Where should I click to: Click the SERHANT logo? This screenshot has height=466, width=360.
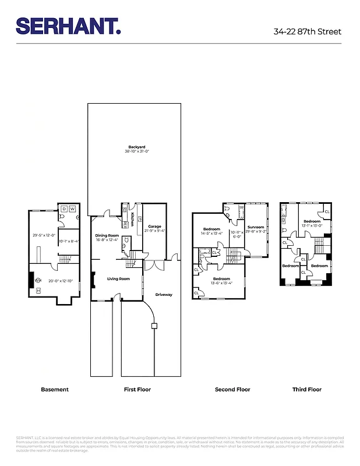click(x=68, y=26)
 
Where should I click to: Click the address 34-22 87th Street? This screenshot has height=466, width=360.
click(x=307, y=31)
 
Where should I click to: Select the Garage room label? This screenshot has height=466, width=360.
click(x=154, y=226)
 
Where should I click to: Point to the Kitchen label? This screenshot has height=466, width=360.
click(x=132, y=220)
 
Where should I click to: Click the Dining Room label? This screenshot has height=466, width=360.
click(x=107, y=235)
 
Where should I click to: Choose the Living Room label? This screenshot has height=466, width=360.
click(x=118, y=278)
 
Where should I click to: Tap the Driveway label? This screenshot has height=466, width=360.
click(x=164, y=294)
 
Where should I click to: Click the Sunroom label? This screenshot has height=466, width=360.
click(x=256, y=227)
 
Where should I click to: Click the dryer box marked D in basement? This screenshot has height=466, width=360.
click(x=64, y=209)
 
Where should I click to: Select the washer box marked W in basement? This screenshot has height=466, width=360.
click(x=72, y=209)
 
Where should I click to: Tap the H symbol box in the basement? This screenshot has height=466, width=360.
click(x=38, y=290)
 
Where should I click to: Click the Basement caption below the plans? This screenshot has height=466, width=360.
click(x=55, y=389)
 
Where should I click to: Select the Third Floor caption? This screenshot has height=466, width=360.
click(x=306, y=389)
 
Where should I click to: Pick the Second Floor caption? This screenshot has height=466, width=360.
click(x=232, y=389)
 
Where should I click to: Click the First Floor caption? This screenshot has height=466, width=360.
click(x=137, y=389)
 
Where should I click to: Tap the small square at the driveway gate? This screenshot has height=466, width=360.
click(x=154, y=326)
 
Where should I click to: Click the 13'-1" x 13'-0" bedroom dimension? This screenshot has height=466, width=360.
click(x=312, y=225)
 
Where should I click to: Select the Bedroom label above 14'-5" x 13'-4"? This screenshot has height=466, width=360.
click(x=211, y=228)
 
